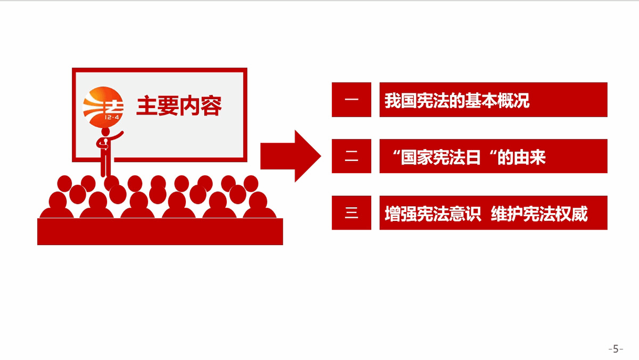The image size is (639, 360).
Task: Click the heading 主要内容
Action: pyautogui.click(x=179, y=106)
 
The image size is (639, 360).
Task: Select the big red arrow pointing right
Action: pyautogui.click(x=290, y=156)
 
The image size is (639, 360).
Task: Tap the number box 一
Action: pyautogui.click(x=351, y=100)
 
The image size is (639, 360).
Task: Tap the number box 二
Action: pyautogui.click(x=351, y=156)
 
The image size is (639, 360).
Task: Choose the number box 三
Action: pyautogui.click(x=351, y=212)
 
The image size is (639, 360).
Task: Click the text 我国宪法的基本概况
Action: pyautogui.click(x=457, y=100)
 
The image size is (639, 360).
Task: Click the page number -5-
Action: pyautogui.click(x=616, y=349)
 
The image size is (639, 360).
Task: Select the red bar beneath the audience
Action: pyautogui.click(x=160, y=231)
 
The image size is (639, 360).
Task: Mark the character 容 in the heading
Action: pyautogui.click(x=211, y=106)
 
